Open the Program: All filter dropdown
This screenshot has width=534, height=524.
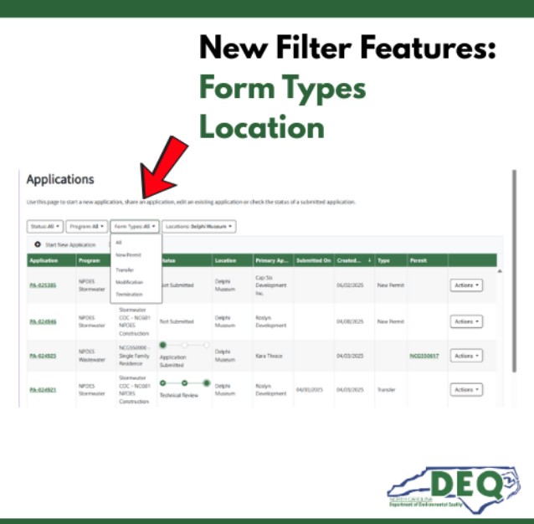point(87,226)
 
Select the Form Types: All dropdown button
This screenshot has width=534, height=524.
point(134,226)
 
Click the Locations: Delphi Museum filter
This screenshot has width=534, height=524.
point(199,226)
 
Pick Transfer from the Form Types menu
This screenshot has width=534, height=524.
point(125,270)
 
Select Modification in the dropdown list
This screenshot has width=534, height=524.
point(129,282)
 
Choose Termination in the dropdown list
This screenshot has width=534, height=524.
point(129,295)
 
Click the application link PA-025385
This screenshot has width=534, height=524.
point(43,285)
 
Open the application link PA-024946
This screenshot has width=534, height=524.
point(43,321)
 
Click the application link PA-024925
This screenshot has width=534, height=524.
point(43,356)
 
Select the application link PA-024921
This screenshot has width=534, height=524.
point(43,389)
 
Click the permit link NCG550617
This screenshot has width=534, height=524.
point(424,356)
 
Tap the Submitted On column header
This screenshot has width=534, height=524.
point(313,260)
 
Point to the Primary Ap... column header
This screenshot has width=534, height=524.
point(271,260)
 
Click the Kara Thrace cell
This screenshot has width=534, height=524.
point(270,356)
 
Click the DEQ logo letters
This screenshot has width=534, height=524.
point(467,483)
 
